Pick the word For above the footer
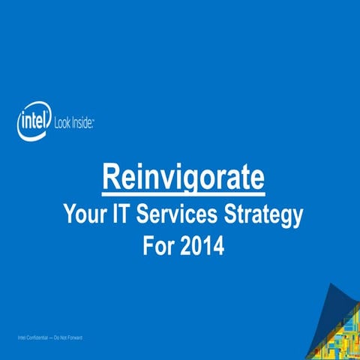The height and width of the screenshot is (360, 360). (159, 246)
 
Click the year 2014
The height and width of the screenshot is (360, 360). (204, 246)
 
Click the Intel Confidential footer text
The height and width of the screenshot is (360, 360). (49, 338)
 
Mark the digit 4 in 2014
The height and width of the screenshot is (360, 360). (218, 246)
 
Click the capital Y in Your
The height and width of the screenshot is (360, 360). (70, 215)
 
